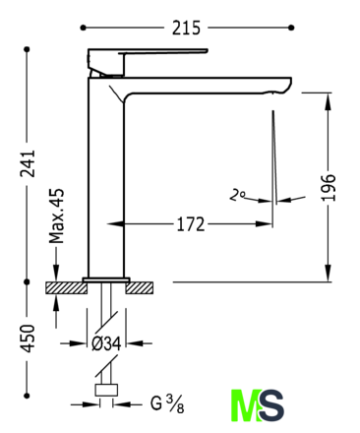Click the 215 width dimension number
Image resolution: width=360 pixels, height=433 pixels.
[x=186, y=28]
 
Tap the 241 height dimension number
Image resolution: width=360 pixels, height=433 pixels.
[x=28, y=163]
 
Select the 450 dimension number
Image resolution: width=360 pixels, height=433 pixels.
[x=28, y=339]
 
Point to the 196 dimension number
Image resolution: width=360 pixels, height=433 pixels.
[x=328, y=187]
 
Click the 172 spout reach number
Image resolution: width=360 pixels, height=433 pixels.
[x=191, y=224]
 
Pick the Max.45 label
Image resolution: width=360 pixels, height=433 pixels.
[x=56, y=216]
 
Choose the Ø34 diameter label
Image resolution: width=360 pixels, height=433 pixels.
[x=106, y=343]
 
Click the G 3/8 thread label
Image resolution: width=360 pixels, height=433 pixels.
[x=167, y=403]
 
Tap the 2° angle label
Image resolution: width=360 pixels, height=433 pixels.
[x=237, y=195]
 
